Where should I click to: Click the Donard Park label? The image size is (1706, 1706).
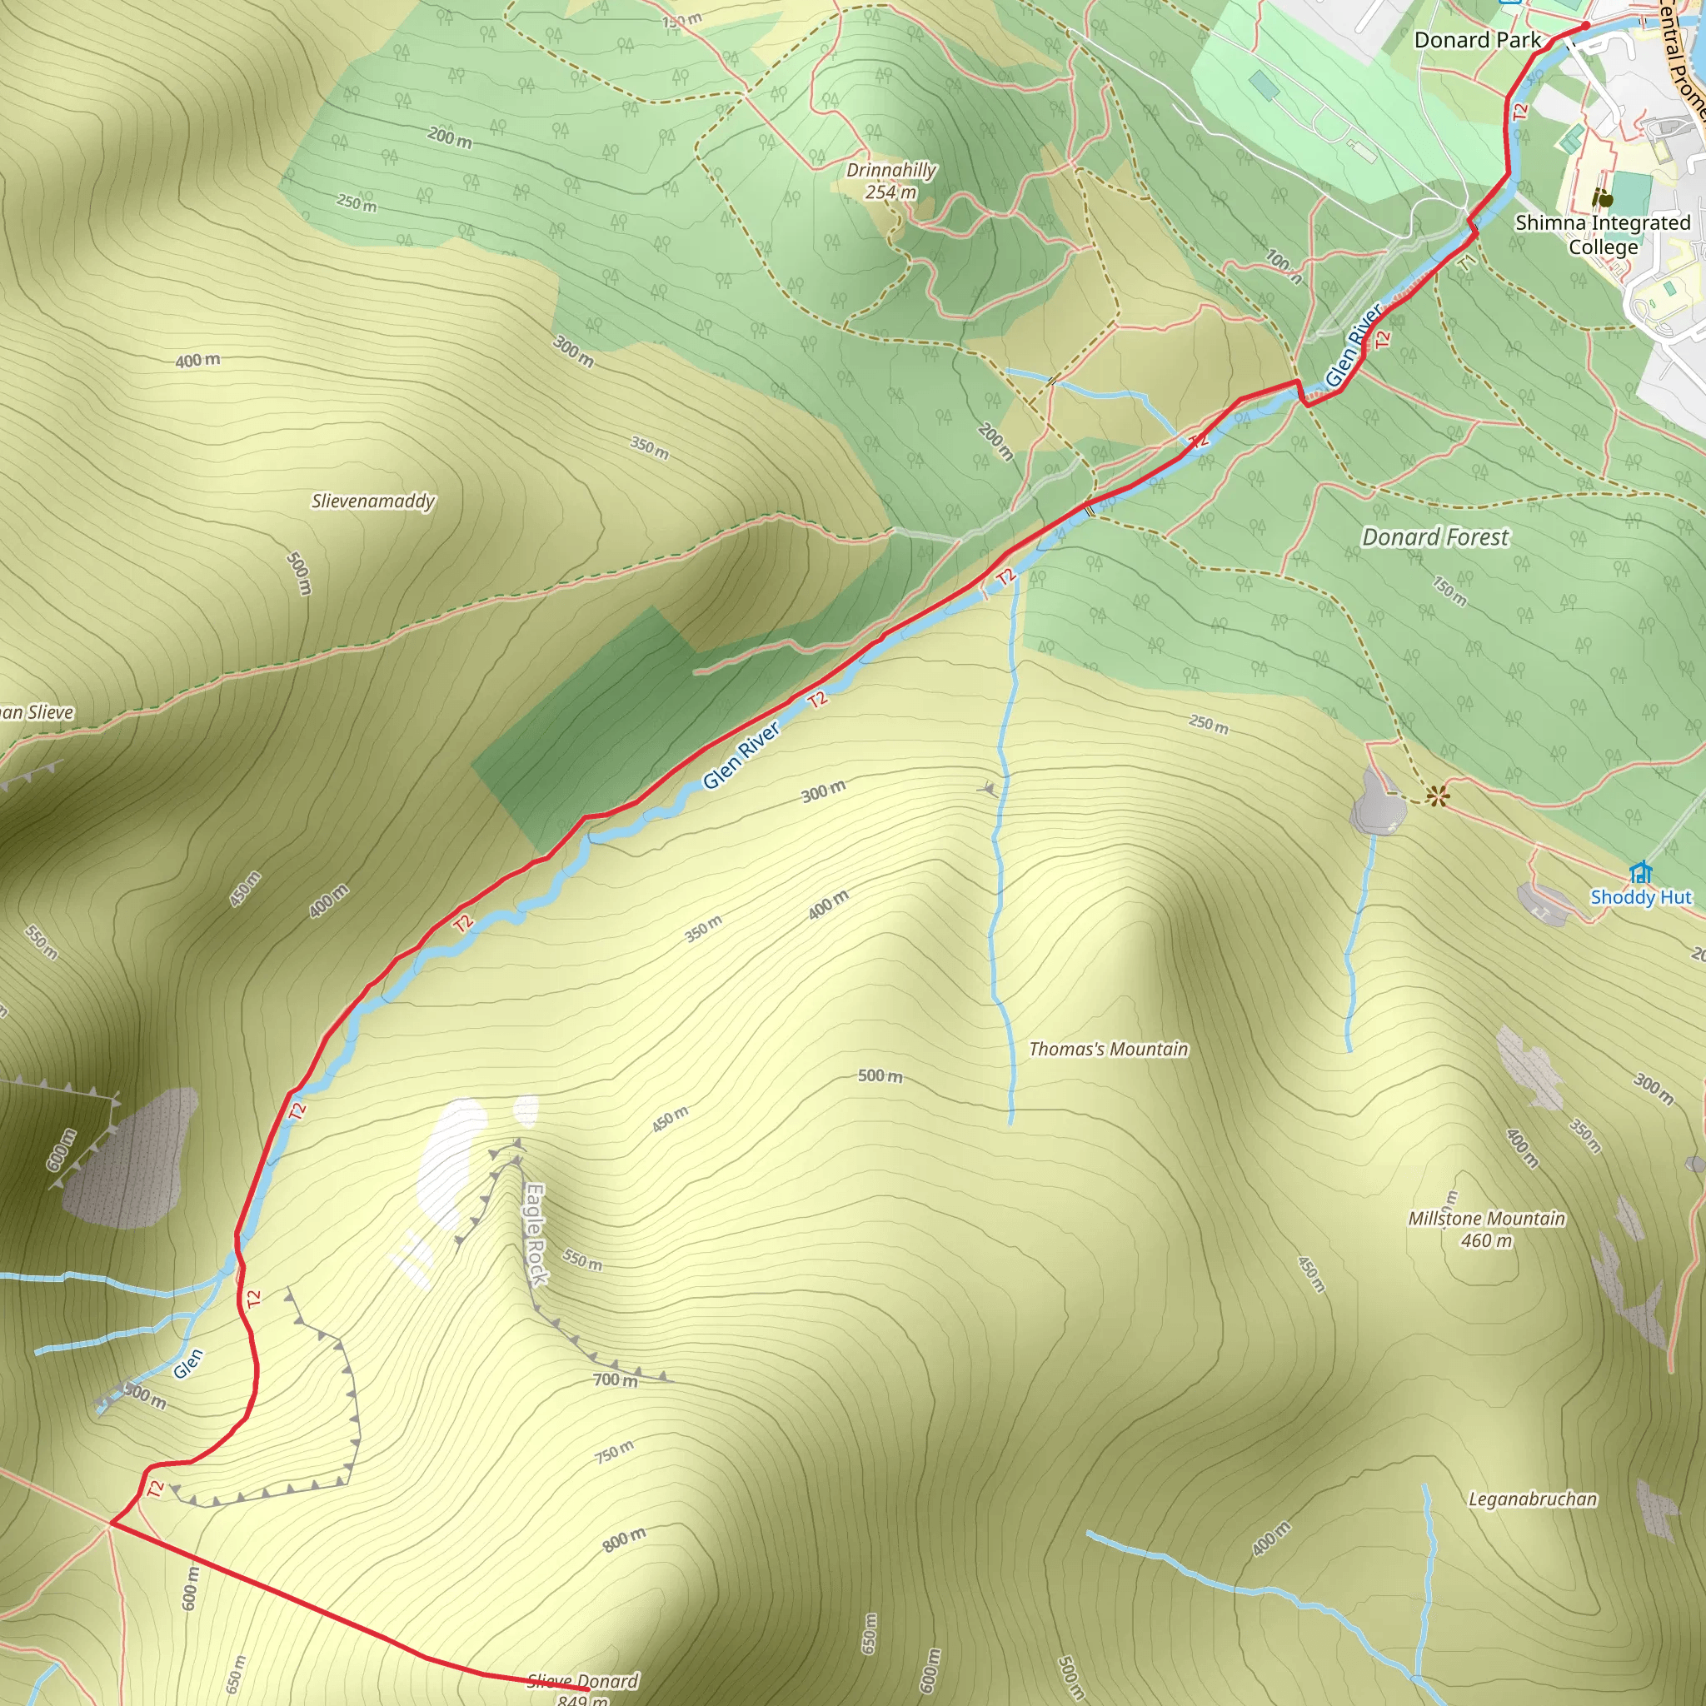(1476, 41)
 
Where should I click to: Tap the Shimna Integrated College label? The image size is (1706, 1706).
(1603, 235)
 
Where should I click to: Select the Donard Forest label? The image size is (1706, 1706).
(1435, 537)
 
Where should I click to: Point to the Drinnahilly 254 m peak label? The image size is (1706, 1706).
(890, 180)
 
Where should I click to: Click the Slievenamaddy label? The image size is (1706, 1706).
(373, 501)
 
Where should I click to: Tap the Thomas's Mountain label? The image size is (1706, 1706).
(1108, 1049)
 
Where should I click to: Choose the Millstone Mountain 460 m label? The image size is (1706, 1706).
(1486, 1230)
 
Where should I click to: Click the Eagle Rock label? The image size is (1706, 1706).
(536, 1235)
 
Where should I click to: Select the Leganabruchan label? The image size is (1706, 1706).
(1532, 1499)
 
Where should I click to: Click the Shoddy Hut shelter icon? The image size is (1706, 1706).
(1641, 872)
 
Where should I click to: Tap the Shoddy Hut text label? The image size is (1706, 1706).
(1641, 897)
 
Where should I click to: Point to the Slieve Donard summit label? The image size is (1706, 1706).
(583, 1689)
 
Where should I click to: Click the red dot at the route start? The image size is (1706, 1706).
(1585, 27)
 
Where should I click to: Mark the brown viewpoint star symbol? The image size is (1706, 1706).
(1438, 797)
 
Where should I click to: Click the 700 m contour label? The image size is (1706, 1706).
(616, 1379)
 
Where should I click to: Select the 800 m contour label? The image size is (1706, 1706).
(623, 1540)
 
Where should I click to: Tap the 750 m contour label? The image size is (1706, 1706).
(615, 1452)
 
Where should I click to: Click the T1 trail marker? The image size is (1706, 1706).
(1467, 263)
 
